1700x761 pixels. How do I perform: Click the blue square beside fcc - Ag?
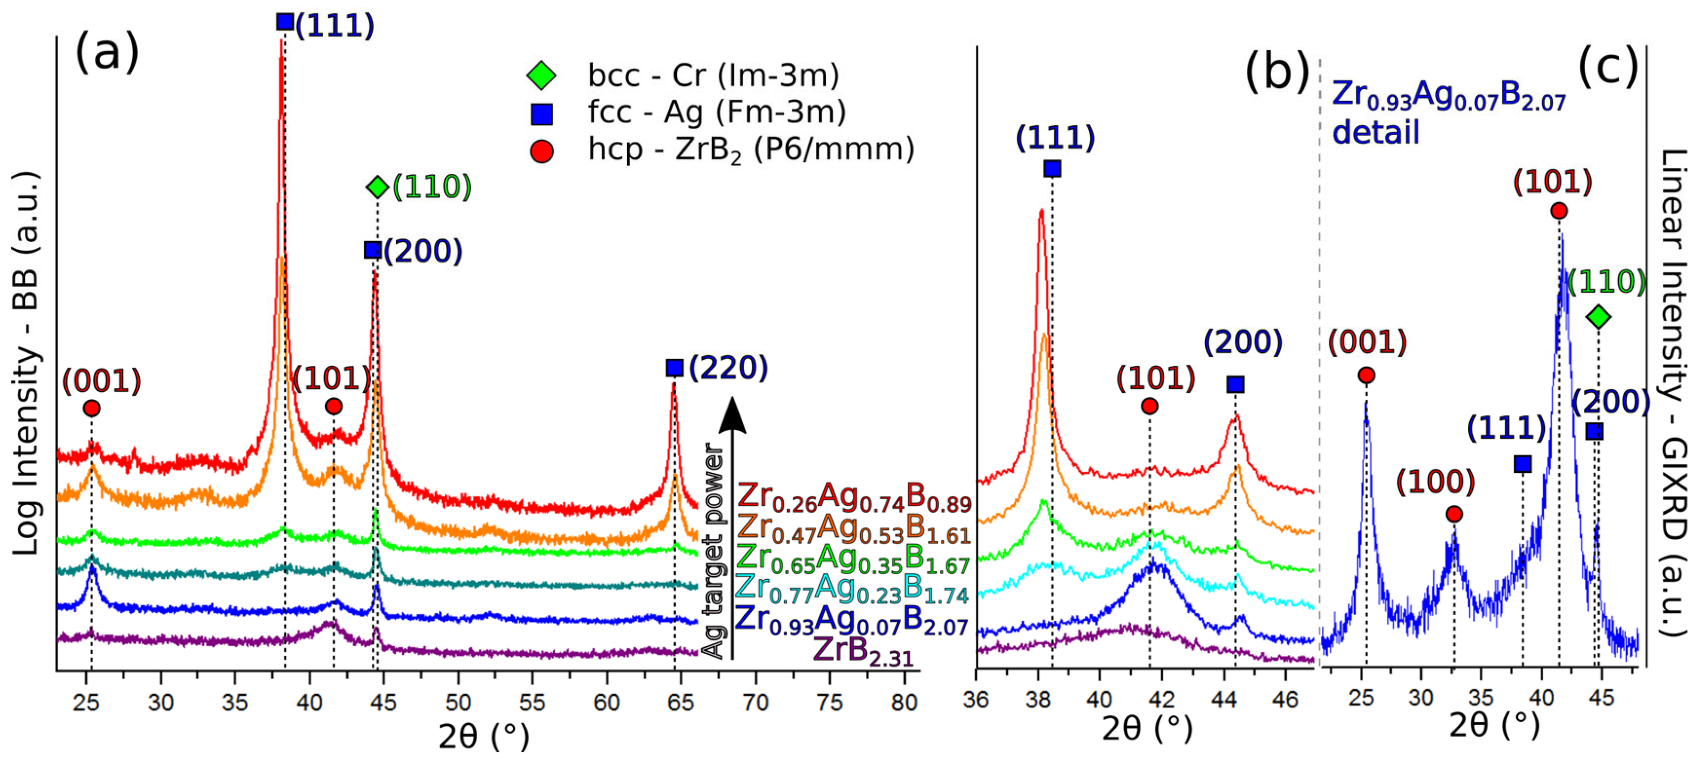click(541, 114)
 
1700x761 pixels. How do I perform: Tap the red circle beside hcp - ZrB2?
click(541, 152)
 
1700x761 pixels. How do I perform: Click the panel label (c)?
click(1608, 68)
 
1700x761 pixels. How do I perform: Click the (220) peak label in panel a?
click(728, 367)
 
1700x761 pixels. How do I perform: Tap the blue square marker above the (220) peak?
click(674, 367)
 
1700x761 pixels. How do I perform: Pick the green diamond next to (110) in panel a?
click(377, 187)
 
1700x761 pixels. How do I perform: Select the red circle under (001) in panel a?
click(92, 408)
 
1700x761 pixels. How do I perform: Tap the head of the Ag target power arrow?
click(732, 415)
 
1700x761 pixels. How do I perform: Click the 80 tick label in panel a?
click(904, 703)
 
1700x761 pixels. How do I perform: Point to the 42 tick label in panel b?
click(1161, 699)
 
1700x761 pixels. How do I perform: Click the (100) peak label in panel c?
click(1435, 482)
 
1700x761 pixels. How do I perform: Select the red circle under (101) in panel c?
click(1559, 211)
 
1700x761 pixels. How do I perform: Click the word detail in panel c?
click(1375, 132)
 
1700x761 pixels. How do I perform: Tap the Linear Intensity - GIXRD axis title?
click(1673, 392)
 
